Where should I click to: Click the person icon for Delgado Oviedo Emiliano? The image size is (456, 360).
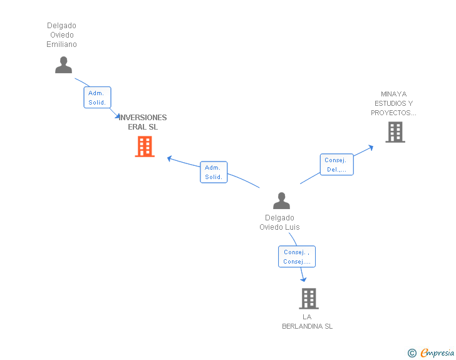click(63, 65)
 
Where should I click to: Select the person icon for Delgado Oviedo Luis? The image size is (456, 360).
click(282, 201)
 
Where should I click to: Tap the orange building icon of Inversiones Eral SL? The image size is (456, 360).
click(145, 147)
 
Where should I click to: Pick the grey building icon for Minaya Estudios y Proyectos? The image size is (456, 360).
click(395, 132)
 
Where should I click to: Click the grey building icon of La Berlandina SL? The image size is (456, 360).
click(309, 299)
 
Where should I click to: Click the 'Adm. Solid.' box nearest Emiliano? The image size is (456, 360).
click(97, 98)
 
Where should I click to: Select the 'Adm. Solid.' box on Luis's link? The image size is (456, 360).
click(214, 172)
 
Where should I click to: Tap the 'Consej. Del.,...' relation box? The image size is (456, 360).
click(336, 165)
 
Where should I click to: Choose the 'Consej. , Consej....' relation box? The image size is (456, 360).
click(296, 257)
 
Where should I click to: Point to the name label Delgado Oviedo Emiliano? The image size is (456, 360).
click(61, 35)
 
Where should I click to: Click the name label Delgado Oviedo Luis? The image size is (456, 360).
click(279, 222)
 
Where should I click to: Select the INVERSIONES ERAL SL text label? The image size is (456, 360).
click(143, 122)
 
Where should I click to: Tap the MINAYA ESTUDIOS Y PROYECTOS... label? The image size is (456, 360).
click(393, 103)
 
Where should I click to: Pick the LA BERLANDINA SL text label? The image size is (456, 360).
click(308, 321)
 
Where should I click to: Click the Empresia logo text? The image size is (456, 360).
click(437, 353)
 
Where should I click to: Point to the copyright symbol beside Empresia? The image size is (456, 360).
click(412, 353)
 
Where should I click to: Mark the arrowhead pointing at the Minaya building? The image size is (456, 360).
click(371, 148)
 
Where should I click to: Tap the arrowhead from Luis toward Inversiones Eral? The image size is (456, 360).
click(170, 158)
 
